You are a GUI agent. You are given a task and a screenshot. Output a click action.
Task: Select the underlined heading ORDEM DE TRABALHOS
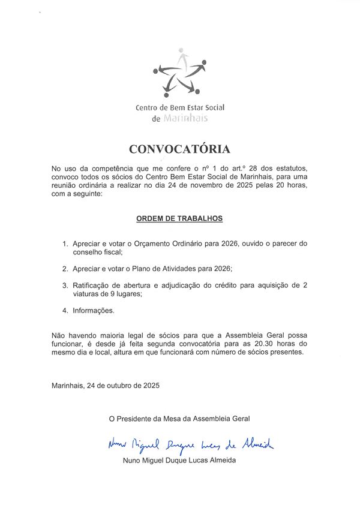[x=179, y=218]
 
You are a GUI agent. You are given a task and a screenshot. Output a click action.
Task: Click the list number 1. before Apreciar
[x=65, y=244]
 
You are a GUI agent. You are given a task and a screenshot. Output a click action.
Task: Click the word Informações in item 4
[x=93, y=311]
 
